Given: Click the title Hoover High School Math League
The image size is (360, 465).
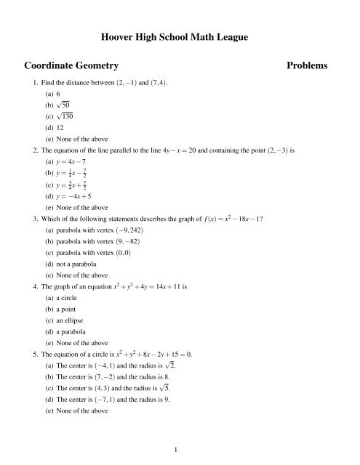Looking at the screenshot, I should [x=180, y=35].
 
